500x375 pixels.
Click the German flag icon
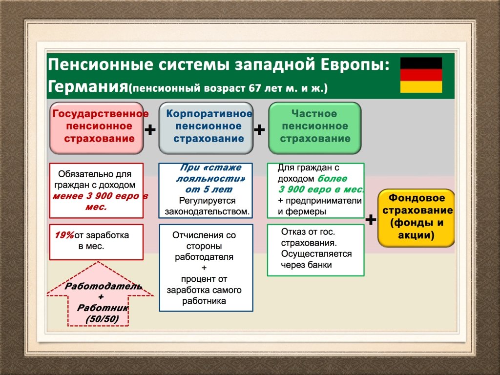[x=421, y=75]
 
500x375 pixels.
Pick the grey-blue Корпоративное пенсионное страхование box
[x=206, y=126]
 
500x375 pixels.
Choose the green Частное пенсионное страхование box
[x=315, y=126]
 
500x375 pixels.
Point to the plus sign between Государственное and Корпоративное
[x=151, y=130]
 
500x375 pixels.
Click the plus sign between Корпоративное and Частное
[x=260, y=130]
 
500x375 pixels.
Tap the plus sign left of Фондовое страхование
[x=371, y=220]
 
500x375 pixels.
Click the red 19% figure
[x=64, y=235]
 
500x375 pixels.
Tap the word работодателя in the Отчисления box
[x=204, y=257]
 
